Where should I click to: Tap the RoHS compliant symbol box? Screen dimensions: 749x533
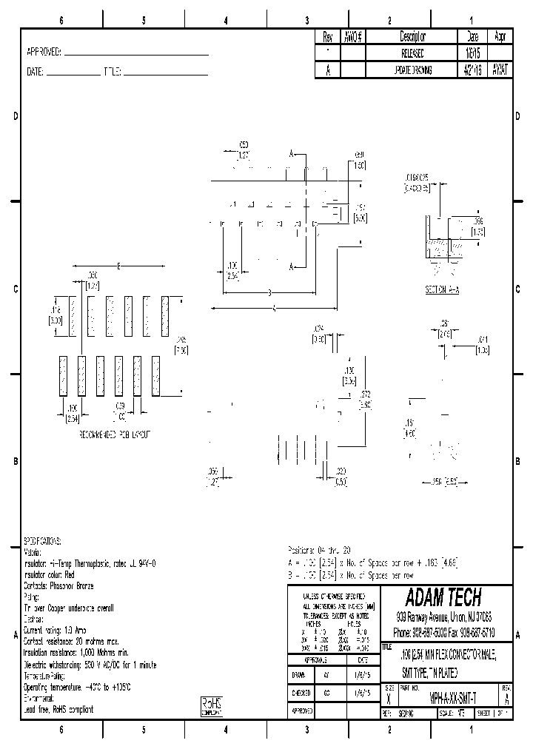coord(211,706)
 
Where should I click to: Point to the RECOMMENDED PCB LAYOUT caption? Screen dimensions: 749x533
coord(114,436)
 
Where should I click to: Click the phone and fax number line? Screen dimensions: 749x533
coord(444,634)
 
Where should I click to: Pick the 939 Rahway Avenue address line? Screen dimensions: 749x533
coord(444,617)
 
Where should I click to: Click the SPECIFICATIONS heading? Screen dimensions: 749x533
coord(44,542)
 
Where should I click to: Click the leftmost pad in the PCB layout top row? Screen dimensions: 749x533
coord(73,316)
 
